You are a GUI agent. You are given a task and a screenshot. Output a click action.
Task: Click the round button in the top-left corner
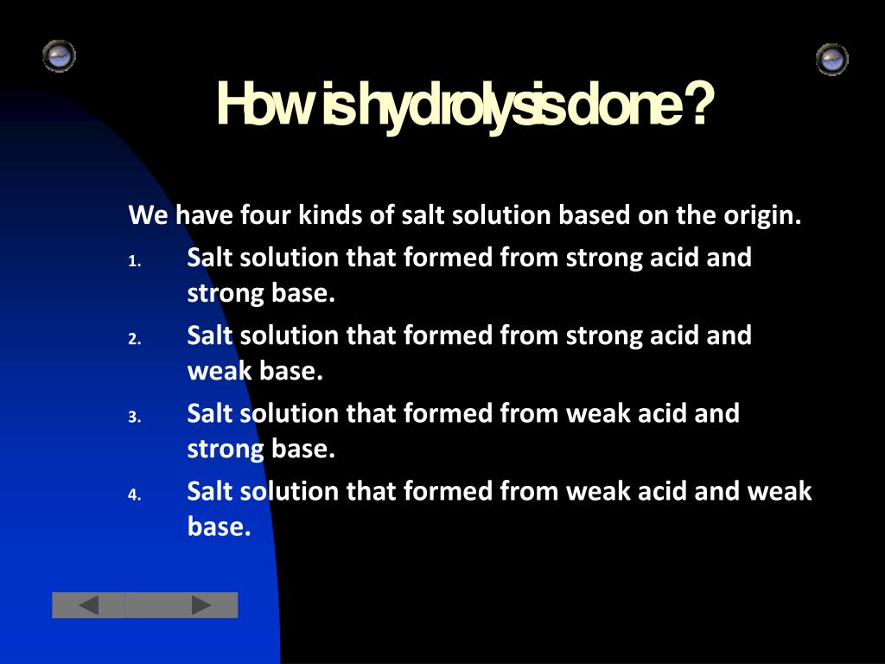pyautogui.click(x=59, y=56)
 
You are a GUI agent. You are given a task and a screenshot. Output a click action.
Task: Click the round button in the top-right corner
pyautogui.click(x=831, y=59)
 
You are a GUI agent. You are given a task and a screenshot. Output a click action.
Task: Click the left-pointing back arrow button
pyautogui.click(x=88, y=605)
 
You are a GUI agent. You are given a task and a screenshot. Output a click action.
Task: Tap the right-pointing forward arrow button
pyautogui.click(x=201, y=605)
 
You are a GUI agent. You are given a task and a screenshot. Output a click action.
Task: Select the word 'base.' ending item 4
pyautogui.click(x=219, y=527)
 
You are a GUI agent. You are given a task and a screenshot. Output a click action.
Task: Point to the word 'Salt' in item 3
pyautogui.click(x=210, y=413)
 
